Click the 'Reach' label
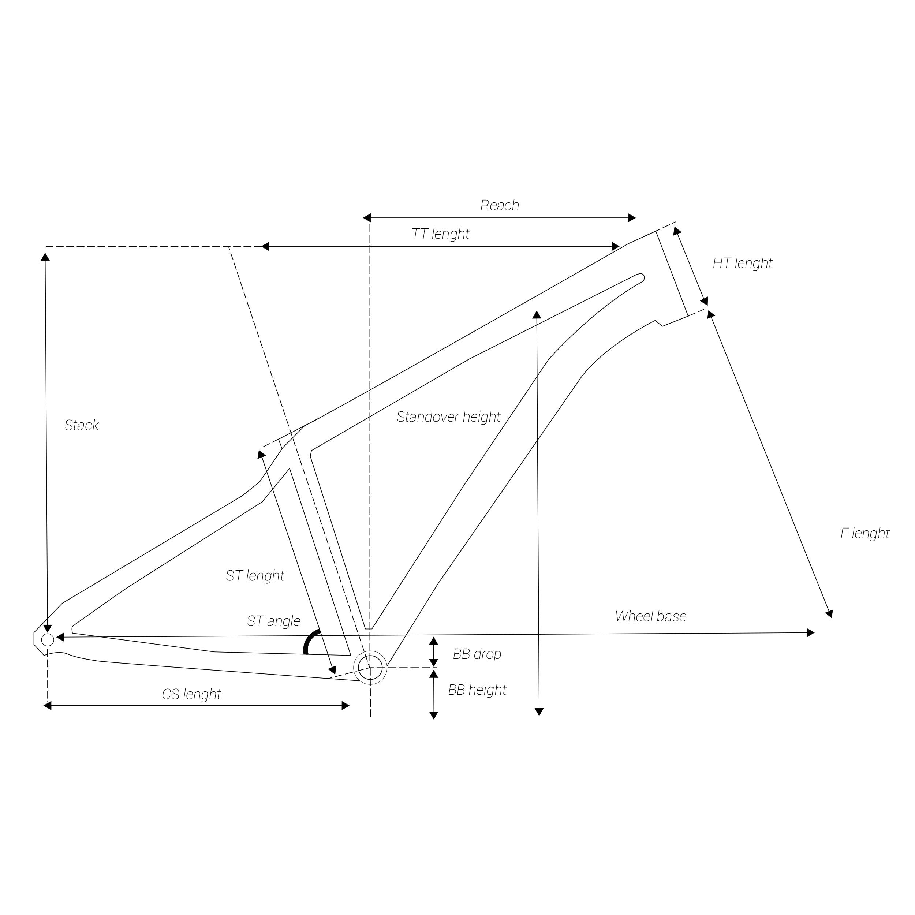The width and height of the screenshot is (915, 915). [500, 206]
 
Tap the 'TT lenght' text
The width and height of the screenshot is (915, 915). [440, 234]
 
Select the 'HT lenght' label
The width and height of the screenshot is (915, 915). [742, 263]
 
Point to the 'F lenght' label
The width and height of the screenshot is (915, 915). [864, 533]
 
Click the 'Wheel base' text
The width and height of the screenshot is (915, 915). [650, 616]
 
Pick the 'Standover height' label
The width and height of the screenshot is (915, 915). [448, 417]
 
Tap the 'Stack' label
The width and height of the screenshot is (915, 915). [82, 425]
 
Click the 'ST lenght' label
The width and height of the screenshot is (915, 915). [255, 575]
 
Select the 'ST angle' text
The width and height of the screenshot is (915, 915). [274, 621]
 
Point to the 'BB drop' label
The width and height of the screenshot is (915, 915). [477, 654]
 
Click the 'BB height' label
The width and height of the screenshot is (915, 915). [477, 690]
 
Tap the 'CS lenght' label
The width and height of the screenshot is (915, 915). [191, 694]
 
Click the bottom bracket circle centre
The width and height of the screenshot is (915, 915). [370, 667]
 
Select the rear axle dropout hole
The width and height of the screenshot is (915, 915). [47, 640]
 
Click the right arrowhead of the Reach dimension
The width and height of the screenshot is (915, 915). [632, 218]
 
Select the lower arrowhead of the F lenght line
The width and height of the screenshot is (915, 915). [829, 614]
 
